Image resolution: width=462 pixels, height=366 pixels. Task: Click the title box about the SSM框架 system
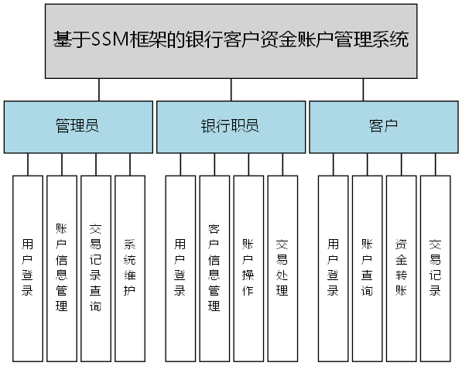[x=231, y=40]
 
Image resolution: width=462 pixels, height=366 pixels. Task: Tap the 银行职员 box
[x=230, y=127]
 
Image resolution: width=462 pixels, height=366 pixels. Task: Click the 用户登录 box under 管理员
[x=27, y=269]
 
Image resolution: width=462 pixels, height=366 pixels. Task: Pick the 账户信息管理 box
[x=61, y=269]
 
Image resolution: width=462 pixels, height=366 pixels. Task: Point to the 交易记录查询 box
[x=95, y=269]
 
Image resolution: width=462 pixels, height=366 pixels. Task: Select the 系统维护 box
[x=129, y=269]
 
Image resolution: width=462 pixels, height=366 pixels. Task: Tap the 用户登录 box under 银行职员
[x=180, y=269]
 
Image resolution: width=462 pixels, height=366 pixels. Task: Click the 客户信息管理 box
[x=214, y=269]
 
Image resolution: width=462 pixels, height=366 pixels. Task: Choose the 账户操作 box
[x=248, y=269]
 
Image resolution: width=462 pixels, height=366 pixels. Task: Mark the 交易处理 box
[x=282, y=269]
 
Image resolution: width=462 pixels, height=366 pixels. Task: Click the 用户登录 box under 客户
[x=333, y=269]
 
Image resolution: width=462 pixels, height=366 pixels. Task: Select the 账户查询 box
[x=367, y=269]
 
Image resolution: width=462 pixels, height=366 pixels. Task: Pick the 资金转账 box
[x=401, y=269]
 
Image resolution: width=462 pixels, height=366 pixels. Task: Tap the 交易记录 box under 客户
[x=435, y=269]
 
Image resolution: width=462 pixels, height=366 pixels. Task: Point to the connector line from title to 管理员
[x=99, y=89]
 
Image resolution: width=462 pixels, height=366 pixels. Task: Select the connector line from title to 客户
[x=362, y=89]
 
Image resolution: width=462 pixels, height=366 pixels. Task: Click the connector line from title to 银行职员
[x=231, y=89]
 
